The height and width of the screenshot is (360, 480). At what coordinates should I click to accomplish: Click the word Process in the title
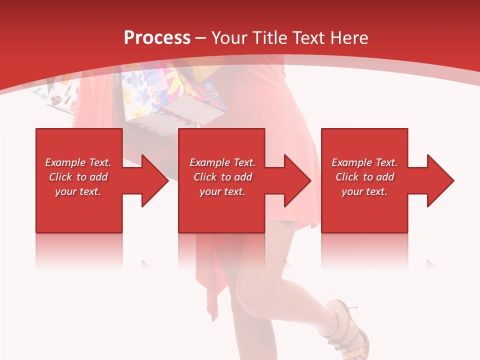point(157,38)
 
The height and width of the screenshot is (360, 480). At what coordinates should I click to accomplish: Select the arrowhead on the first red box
point(152,180)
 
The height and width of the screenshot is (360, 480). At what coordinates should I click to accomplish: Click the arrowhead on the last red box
point(438,180)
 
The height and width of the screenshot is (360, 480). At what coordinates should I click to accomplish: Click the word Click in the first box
point(61,177)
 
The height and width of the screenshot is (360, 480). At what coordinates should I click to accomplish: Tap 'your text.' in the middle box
point(222,191)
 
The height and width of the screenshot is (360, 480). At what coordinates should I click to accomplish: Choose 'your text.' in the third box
point(364,191)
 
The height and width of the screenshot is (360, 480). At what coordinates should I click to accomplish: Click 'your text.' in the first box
point(78,191)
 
